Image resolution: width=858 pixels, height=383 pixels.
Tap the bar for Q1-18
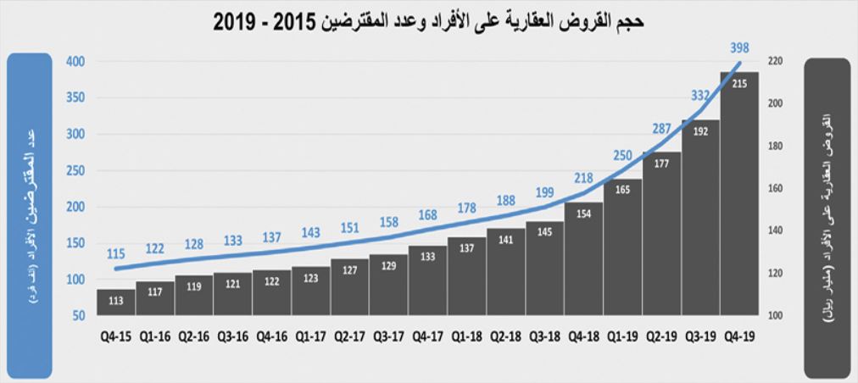pos(466,276)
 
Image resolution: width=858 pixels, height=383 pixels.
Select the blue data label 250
pos(622,155)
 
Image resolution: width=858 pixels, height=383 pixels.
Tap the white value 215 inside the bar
pos(738,84)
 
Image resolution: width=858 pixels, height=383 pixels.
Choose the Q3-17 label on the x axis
pos(388,336)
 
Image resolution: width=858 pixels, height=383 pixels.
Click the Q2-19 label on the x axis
pos(660,336)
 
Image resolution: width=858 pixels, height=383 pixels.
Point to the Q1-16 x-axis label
pos(154,336)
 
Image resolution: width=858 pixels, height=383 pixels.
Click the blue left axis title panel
pos(26,216)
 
